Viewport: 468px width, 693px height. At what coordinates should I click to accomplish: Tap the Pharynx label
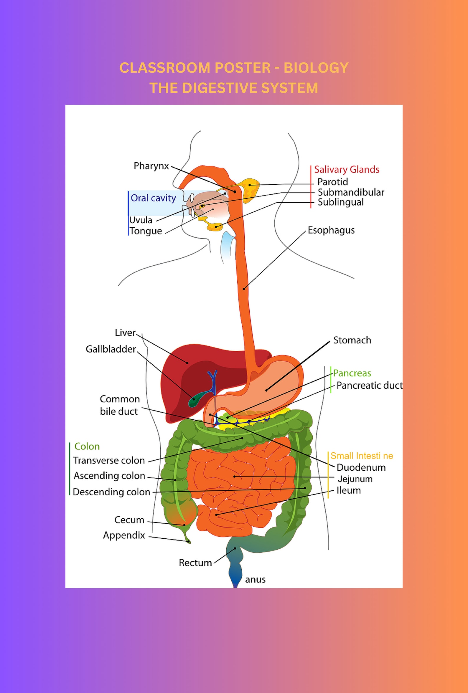(151, 166)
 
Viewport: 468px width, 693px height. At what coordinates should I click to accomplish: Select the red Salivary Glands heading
(347, 169)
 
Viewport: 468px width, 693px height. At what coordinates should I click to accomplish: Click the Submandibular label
(351, 192)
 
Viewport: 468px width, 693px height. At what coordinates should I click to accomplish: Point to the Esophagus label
(331, 230)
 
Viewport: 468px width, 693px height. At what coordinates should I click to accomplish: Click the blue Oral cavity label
(153, 198)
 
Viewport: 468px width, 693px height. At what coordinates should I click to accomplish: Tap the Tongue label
(146, 231)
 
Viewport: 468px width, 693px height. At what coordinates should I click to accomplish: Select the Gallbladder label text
(111, 349)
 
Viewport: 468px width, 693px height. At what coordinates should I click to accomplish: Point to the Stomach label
(352, 340)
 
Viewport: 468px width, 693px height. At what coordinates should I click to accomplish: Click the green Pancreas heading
(352, 373)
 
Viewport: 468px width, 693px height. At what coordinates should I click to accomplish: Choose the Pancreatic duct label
(369, 386)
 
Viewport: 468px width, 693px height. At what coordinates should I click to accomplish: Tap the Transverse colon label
(109, 460)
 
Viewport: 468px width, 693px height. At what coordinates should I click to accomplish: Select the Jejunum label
(355, 479)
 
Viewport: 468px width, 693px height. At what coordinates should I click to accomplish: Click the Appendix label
(124, 535)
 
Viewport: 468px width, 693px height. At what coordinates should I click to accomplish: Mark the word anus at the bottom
(255, 579)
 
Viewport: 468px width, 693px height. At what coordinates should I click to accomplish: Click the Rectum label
(195, 563)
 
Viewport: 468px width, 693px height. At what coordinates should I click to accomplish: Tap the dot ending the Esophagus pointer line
(244, 289)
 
